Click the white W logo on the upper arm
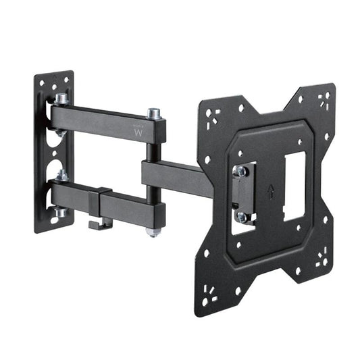[x=139, y=132]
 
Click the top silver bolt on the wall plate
[x=61, y=99]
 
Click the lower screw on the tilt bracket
[x=242, y=216]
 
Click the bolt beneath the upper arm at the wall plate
[x=61, y=132]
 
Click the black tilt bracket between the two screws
[x=242, y=194]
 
